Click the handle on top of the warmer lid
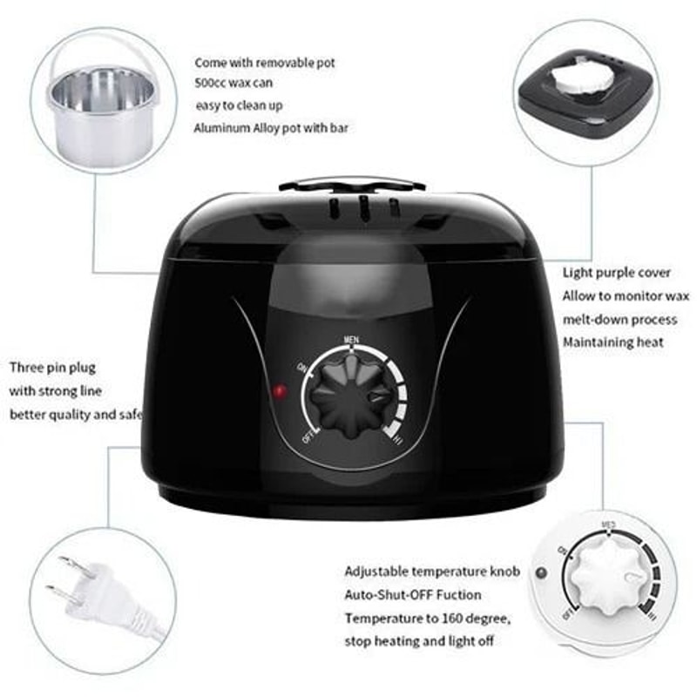click(351, 186)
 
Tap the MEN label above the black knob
click(351, 340)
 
